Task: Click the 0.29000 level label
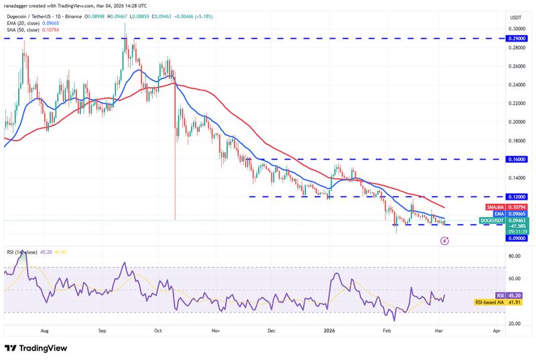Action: point(517,39)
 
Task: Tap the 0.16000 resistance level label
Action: point(517,160)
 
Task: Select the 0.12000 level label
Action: point(517,196)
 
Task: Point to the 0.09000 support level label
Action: point(517,237)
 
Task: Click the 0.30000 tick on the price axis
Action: point(517,29)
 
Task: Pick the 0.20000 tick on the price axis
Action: point(517,122)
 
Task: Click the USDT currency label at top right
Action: point(516,17)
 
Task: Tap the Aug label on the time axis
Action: point(44,331)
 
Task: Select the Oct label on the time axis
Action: point(158,331)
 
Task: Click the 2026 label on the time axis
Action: point(329,331)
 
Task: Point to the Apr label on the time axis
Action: point(496,331)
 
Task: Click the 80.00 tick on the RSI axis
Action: point(517,255)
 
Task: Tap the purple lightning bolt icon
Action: point(444,239)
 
